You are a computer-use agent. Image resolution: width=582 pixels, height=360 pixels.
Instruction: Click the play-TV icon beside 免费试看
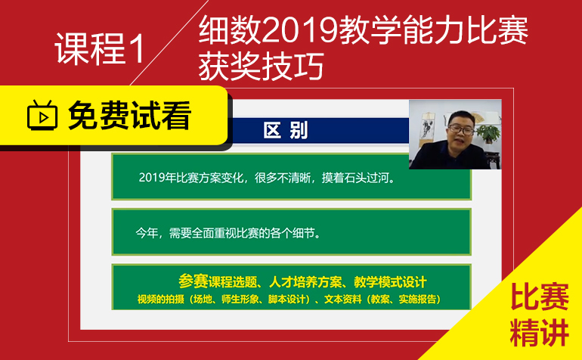pyautogui.click(x=42, y=115)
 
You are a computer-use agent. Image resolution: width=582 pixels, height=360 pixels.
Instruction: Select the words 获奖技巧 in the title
pyautogui.click(x=262, y=66)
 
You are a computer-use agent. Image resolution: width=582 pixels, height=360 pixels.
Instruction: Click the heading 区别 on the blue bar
pyautogui.click(x=286, y=131)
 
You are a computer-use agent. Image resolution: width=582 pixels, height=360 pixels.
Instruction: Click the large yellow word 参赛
pyautogui.click(x=193, y=281)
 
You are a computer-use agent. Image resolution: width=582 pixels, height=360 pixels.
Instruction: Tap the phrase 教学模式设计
pyautogui.click(x=390, y=282)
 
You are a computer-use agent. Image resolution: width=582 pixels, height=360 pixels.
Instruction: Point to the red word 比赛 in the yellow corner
pyautogui.click(x=540, y=297)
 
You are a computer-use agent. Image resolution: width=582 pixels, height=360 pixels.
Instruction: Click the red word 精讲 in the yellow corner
pyautogui.click(x=540, y=333)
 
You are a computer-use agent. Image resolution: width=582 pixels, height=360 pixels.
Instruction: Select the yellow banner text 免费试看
pyautogui.click(x=129, y=116)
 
